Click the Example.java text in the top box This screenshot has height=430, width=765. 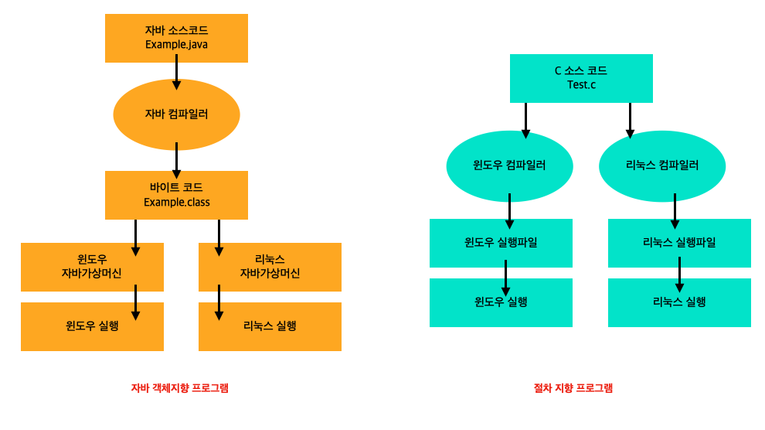(176, 45)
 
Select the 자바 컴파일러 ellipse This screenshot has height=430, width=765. (176, 114)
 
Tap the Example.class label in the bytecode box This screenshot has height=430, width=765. (176, 203)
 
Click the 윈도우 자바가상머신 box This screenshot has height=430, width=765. (91, 266)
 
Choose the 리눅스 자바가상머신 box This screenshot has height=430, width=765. (270, 266)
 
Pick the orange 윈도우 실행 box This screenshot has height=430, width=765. (91, 326)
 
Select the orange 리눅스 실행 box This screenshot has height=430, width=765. (270, 326)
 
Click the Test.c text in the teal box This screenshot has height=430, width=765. (581, 84)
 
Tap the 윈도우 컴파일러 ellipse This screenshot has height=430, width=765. (509, 166)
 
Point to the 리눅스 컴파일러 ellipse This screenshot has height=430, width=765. (662, 166)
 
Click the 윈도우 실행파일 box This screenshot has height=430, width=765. (501, 243)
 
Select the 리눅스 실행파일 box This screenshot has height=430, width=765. (679, 243)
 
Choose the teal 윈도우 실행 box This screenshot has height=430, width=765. (501, 302)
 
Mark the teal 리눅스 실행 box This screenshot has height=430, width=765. (679, 302)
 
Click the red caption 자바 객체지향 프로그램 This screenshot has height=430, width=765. (180, 388)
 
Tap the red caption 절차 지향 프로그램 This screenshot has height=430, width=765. (573, 388)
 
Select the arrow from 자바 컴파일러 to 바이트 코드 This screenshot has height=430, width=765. (177, 159)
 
